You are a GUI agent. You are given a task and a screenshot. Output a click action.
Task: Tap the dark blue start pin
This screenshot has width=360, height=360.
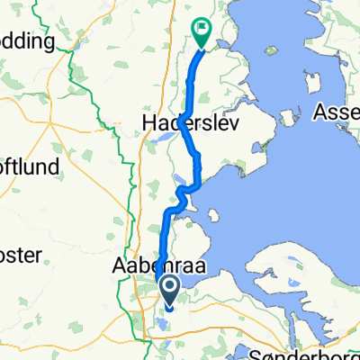168,288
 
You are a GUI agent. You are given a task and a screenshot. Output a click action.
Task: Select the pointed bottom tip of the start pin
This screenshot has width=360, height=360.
168,301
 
